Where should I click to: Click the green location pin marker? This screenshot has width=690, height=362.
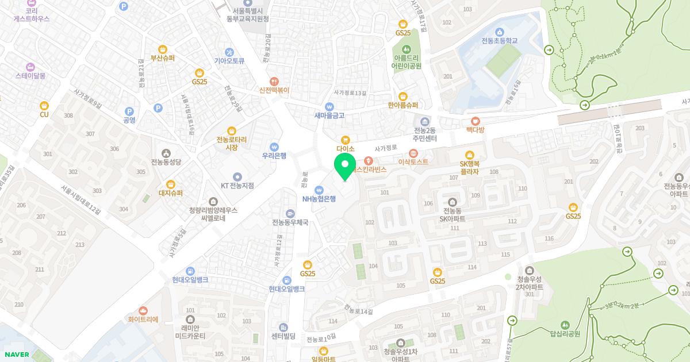coord(345,166)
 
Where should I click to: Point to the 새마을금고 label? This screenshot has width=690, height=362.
coord(329,115)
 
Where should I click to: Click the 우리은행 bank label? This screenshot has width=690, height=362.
coord(274,155)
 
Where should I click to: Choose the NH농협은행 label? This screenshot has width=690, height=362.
coord(319,199)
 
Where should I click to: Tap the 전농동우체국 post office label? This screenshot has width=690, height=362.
coord(290,222)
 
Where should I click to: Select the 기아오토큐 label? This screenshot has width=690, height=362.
coord(229,60)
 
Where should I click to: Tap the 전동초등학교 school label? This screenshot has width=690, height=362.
coord(499,41)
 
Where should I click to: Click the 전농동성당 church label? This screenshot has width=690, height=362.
coord(166,162)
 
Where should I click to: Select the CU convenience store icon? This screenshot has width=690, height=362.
coord(44,106)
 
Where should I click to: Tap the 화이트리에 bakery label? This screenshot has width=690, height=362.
coord(143,319)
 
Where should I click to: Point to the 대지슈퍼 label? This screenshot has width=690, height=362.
coord(170,193)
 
